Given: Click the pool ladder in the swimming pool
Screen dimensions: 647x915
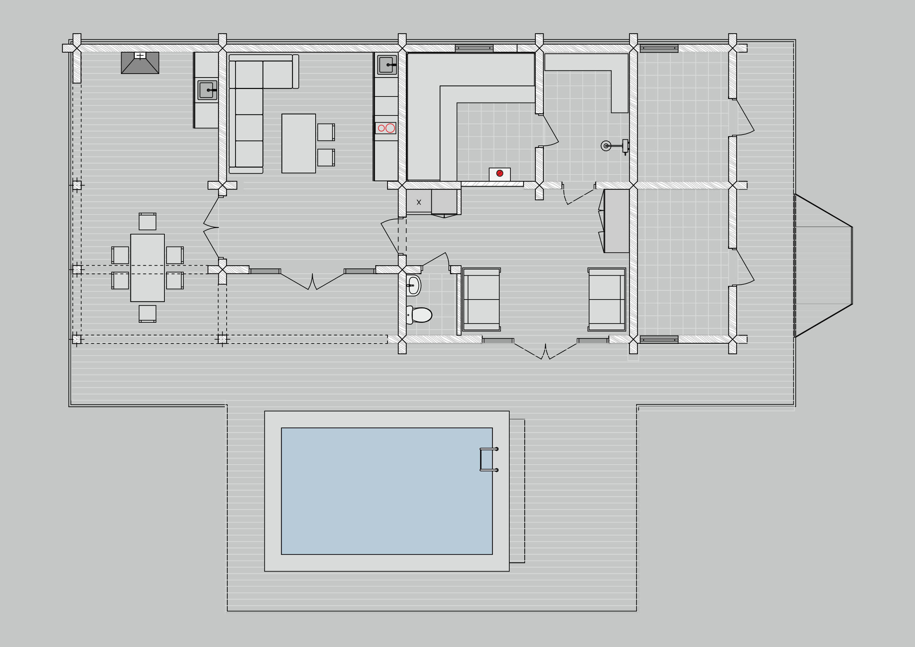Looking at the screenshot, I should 488,459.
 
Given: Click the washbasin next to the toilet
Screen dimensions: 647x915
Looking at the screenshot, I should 413,285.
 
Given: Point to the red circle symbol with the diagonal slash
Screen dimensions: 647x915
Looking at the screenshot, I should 500,173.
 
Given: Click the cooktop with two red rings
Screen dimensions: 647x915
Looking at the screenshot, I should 385,128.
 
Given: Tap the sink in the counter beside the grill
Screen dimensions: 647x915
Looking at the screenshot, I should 207,90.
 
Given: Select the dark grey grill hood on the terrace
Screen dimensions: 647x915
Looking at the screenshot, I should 140,64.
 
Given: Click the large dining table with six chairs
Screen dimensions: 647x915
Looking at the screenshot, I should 148,267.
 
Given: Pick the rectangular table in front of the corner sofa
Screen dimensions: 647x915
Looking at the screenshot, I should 298,143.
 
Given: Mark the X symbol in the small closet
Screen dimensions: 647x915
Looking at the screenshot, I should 419,202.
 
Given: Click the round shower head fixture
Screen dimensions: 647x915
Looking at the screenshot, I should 606,146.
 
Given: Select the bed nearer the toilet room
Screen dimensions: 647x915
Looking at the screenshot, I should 481,300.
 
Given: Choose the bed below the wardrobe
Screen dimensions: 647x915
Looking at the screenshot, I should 607,300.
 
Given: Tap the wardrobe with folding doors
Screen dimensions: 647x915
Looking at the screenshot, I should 617,221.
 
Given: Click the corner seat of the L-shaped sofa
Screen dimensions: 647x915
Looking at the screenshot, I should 249,75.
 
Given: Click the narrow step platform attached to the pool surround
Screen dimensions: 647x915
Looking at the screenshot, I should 517,491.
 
